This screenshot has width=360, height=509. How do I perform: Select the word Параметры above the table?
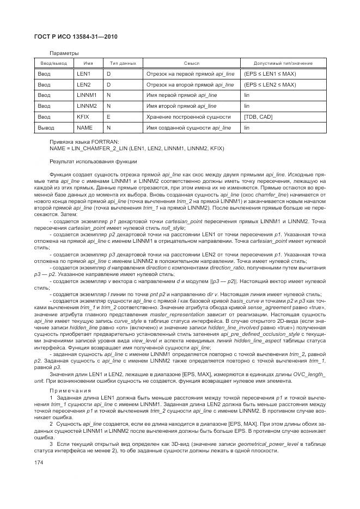pos(64,53)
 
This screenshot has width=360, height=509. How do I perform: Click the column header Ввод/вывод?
pos(52,64)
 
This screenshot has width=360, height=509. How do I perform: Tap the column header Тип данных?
pos(123,64)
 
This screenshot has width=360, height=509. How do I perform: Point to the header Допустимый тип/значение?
pos(283,64)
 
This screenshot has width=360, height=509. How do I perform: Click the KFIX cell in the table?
pos(83,116)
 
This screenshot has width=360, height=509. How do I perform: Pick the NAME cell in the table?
pos(84,127)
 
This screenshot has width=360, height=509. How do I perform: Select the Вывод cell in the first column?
pos(46,127)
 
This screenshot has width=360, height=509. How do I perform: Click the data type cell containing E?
pos(108,116)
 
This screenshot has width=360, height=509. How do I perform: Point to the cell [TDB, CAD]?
pos(258,116)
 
